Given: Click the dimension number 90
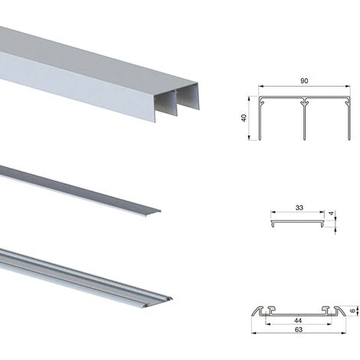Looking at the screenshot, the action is (304, 81).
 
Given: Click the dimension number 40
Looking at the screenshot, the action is (244, 118).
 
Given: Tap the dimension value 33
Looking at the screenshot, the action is (299, 208).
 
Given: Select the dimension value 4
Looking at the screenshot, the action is (332, 213).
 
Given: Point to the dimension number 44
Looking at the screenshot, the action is (298, 320).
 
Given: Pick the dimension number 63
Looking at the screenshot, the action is (298, 329).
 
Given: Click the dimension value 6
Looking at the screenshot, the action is (352, 311).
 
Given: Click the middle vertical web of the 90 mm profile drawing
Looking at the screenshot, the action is (304, 120).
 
